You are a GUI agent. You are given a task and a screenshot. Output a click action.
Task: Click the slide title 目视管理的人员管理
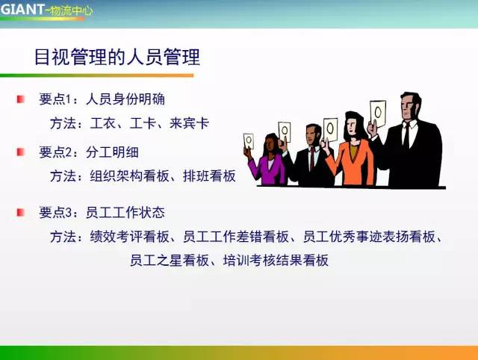[x=117, y=57]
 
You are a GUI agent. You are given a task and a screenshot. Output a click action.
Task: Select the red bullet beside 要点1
[x=21, y=99]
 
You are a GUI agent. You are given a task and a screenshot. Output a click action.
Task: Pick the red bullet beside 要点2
[x=21, y=152]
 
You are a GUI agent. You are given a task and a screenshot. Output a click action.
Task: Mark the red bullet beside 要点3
[x=21, y=212]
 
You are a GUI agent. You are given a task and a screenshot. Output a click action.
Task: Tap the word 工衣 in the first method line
[x=101, y=123]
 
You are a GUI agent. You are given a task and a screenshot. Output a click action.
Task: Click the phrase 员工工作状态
[x=131, y=213]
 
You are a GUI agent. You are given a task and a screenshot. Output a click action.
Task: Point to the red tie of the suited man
[x=311, y=160]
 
